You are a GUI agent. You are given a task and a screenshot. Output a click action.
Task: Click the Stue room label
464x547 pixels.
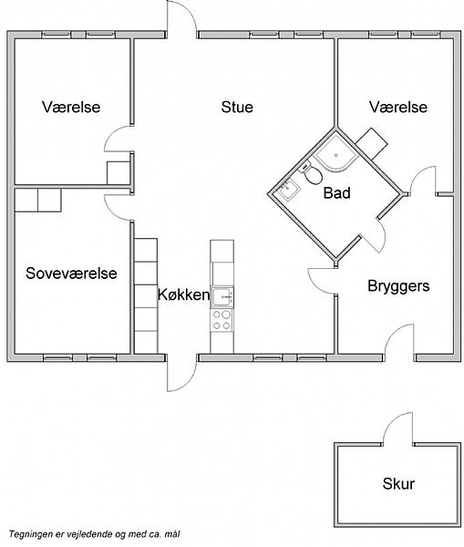pos(237,107)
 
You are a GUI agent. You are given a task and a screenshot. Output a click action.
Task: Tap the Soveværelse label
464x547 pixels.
pos(71,273)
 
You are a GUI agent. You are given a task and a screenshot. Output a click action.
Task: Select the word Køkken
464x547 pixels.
pos(183,294)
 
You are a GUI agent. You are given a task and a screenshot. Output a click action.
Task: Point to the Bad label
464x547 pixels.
pos(336,193)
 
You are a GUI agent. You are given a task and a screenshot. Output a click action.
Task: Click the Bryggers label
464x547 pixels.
pos(398,286)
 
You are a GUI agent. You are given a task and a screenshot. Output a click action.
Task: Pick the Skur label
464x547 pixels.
pos(398,484)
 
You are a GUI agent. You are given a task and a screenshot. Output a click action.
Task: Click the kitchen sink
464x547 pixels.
pos(222,297)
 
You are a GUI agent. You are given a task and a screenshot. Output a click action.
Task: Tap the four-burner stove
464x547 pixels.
pos(222,320)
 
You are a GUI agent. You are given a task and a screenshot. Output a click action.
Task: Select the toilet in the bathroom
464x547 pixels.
pos(312,174)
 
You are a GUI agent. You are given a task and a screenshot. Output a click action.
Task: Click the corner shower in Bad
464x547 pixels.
pos(336,153)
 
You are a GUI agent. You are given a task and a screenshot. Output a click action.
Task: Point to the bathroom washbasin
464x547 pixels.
pos(288,190)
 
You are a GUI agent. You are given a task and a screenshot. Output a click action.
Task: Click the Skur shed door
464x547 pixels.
pos(398,429)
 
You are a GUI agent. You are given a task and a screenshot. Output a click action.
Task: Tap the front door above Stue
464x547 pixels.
pos(181,17)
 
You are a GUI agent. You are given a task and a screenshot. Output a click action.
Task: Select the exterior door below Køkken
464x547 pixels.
pos(181,373)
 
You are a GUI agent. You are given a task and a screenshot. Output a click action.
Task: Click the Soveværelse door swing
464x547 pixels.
pos(119,208)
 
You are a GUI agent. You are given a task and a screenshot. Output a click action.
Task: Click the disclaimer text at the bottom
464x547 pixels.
pos(94,534)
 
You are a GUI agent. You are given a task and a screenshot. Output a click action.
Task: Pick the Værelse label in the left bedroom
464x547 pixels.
pos(71,107)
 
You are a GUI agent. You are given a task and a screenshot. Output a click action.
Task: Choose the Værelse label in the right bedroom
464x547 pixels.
pos(398,107)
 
